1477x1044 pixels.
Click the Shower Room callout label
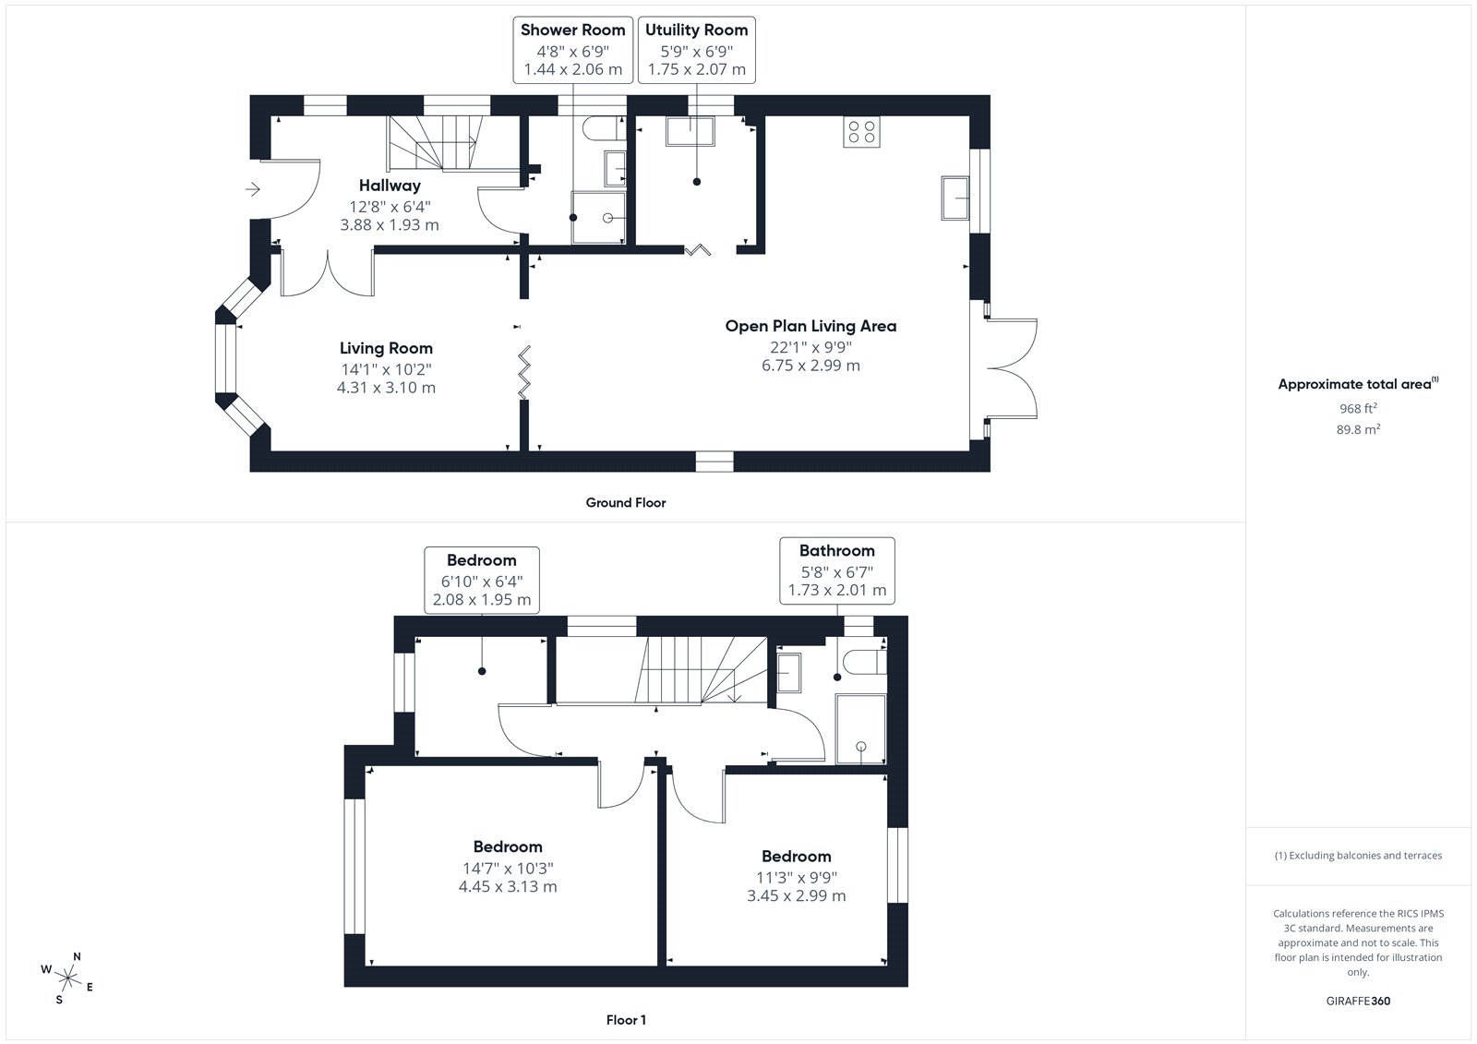[x=572, y=50]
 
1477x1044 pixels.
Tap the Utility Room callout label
[x=696, y=50]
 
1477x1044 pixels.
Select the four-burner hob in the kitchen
[x=861, y=132]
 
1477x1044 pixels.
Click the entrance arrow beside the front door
[x=253, y=190]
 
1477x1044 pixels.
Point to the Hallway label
[x=390, y=186]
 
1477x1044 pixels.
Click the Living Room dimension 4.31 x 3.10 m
[x=387, y=388]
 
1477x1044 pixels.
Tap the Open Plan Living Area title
[x=811, y=326]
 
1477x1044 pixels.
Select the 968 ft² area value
[x=1358, y=408]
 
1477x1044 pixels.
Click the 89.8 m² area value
[x=1358, y=429]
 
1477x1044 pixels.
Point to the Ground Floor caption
[x=626, y=502]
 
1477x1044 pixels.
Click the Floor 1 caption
[x=626, y=1020]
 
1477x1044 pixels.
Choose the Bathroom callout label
[x=836, y=570]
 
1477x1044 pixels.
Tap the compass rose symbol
[x=68, y=978]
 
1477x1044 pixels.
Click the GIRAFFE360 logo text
[x=1358, y=1001]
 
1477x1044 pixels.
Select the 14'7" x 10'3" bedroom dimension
[x=508, y=868]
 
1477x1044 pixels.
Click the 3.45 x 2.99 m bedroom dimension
[x=796, y=895]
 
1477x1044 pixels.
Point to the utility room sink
[x=690, y=131]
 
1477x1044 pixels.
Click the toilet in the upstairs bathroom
[x=864, y=662]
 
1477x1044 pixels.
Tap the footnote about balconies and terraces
[x=1358, y=856]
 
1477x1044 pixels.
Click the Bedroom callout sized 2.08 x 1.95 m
[x=481, y=580]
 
